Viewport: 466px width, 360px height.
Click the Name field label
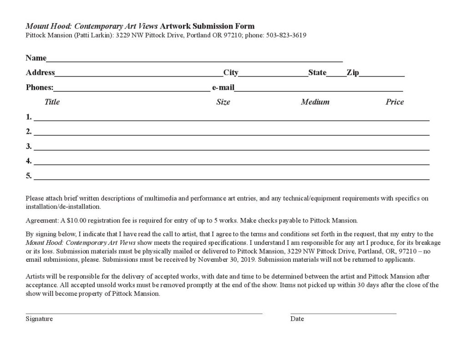(36, 58)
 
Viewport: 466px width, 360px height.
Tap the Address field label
(40, 72)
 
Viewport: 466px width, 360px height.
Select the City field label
(231, 72)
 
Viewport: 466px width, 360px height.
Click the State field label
(317, 72)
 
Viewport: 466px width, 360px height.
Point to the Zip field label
(353, 72)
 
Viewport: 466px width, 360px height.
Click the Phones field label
(40, 87)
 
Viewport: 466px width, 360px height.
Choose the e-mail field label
(223, 87)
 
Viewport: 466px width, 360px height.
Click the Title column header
(52, 102)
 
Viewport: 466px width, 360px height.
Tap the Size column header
(223, 102)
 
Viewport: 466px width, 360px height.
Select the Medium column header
(315, 102)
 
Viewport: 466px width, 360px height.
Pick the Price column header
(395, 102)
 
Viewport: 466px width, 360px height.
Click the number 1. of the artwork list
(29, 117)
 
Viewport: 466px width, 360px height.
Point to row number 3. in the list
(29, 146)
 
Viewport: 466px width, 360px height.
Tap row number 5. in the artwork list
(29, 176)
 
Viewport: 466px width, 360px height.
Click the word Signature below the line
(39, 319)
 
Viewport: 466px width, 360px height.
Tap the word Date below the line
(297, 319)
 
